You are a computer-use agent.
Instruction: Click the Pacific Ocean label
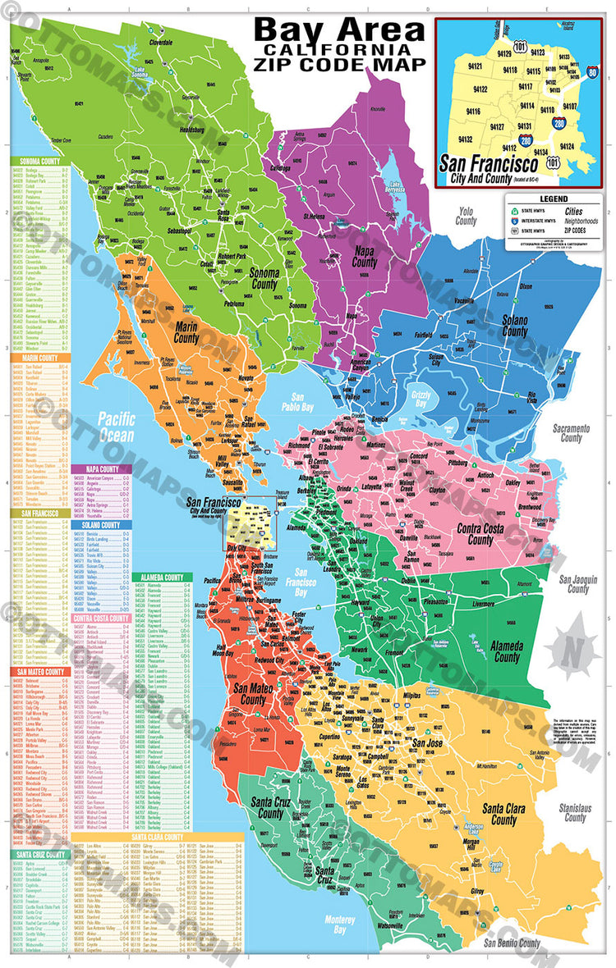click(117, 425)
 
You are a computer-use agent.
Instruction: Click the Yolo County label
click(466, 217)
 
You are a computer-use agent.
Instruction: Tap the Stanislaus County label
click(576, 812)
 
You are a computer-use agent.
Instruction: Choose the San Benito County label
click(512, 943)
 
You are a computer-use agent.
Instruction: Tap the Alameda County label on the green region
click(507, 652)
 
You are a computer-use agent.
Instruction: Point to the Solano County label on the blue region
click(515, 326)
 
